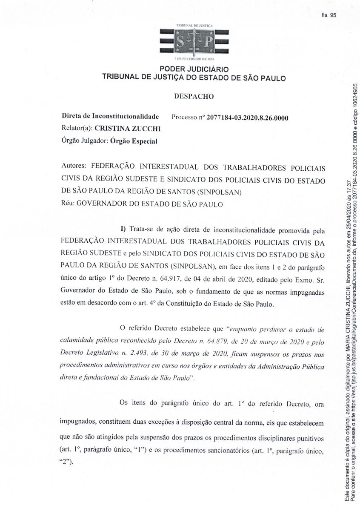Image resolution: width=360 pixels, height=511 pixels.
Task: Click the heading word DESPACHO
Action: click(x=194, y=96)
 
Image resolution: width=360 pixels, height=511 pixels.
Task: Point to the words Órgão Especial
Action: click(x=133, y=141)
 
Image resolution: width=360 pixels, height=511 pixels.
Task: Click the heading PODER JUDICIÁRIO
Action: click(x=194, y=69)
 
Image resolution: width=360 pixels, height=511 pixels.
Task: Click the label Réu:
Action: click(x=69, y=204)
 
